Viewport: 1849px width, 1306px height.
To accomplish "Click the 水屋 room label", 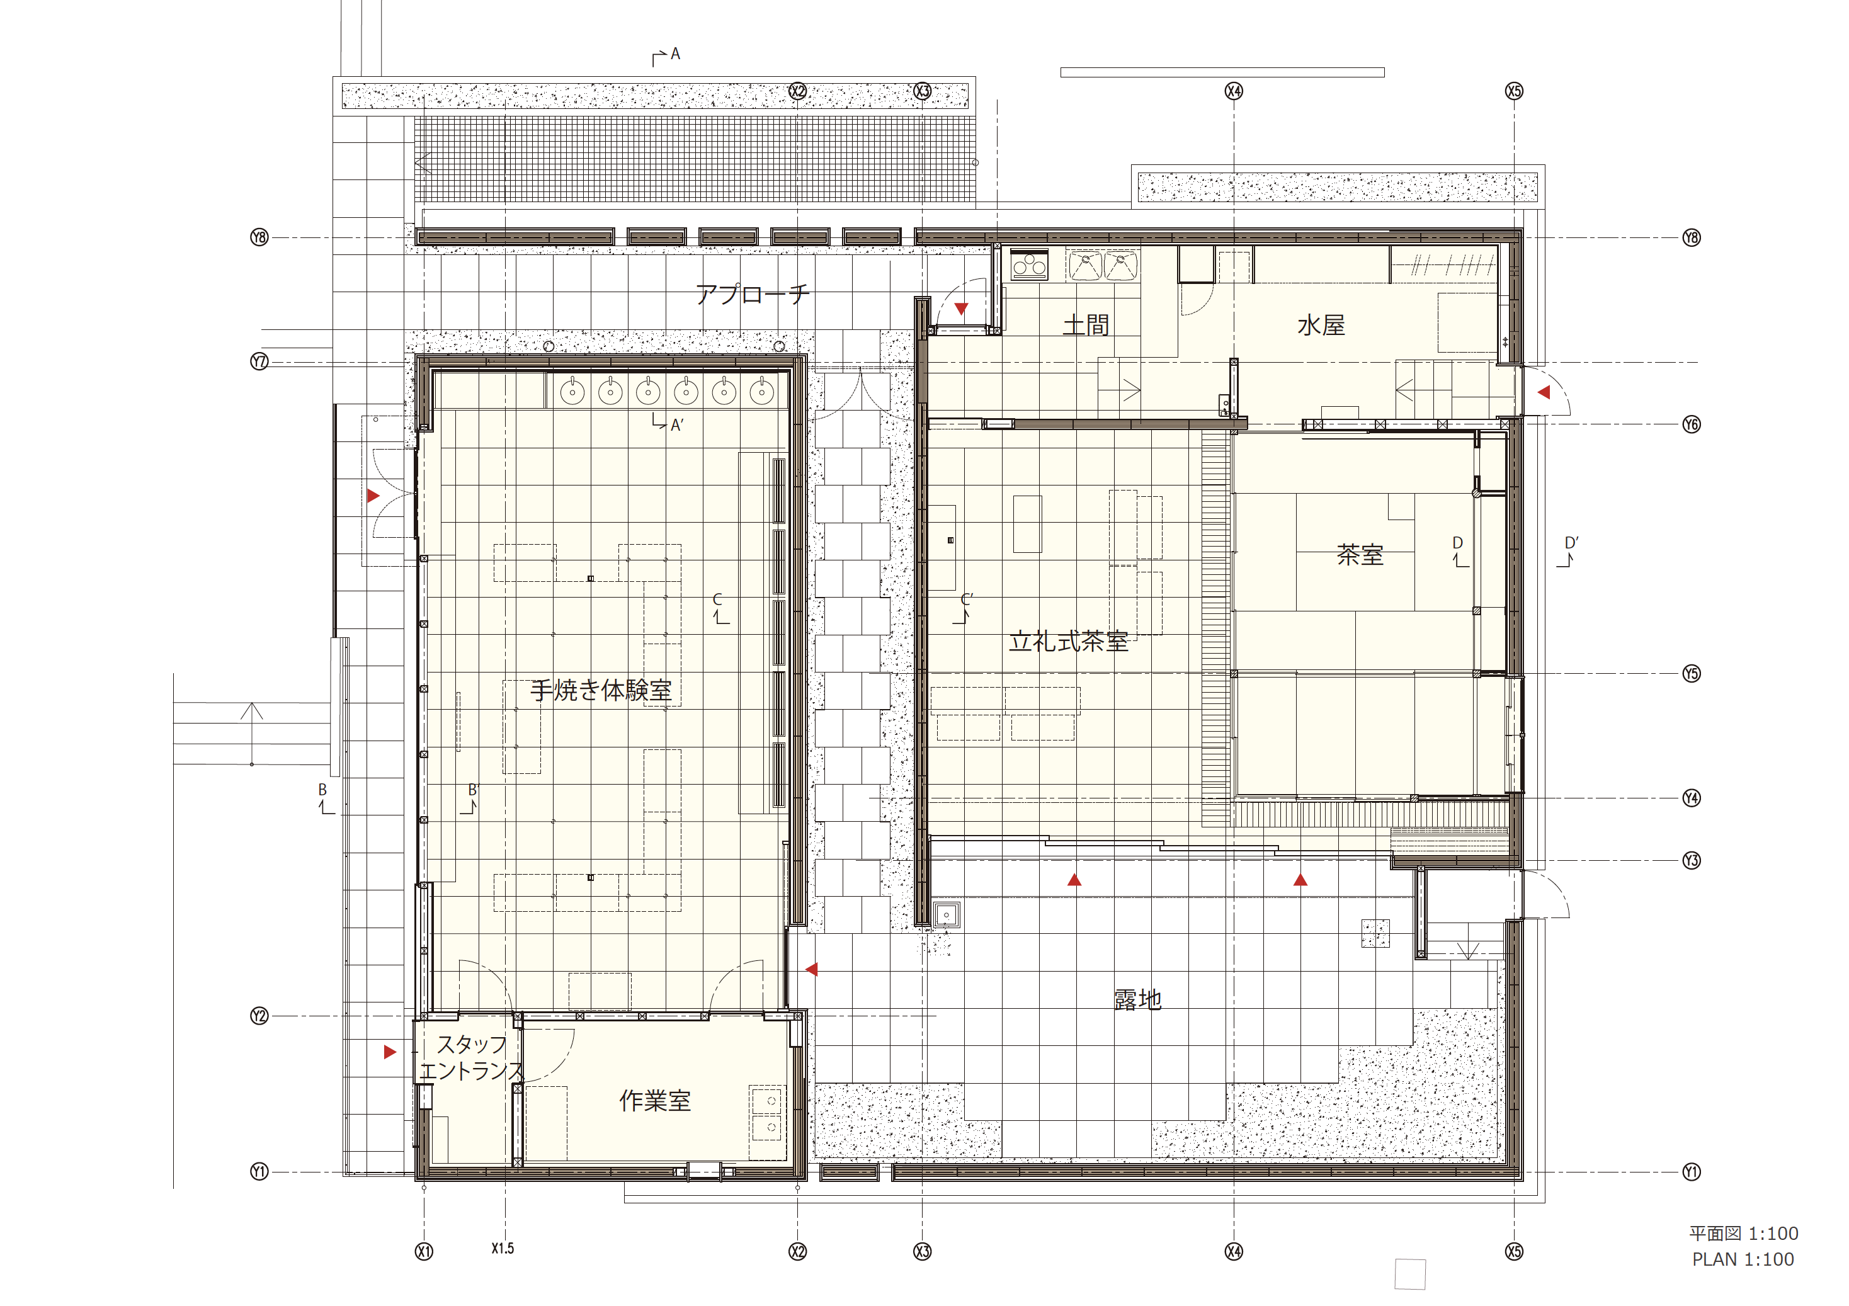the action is click(x=1321, y=326).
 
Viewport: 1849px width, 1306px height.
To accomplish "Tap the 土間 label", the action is click(x=1086, y=326).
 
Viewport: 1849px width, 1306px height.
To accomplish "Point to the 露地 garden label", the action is click(x=1137, y=999).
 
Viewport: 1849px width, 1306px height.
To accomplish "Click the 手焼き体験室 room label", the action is click(x=601, y=690).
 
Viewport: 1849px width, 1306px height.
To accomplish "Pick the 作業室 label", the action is click(x=655, y=1101).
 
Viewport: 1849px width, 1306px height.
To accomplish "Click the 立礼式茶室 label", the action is click(x=1069, y=642).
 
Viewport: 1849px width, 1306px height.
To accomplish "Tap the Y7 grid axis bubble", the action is click(x=258, y=361).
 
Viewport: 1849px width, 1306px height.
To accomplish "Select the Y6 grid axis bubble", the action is click(x=1691, y=424).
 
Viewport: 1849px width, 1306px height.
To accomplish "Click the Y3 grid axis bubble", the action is click(x=1691, y=861).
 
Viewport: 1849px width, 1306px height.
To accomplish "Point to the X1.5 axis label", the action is click(x=503, y=1248).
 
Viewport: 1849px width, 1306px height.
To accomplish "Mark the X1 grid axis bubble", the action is click(x=424, y=1251).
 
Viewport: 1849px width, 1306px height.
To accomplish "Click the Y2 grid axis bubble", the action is click(x=258, y=1016).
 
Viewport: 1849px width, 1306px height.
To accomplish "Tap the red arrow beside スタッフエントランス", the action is click(x=390, y=1052).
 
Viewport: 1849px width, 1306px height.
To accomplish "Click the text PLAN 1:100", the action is click(x=1743, y=1259).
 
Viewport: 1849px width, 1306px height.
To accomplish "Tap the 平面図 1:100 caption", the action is click(x=1743, y=1234).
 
